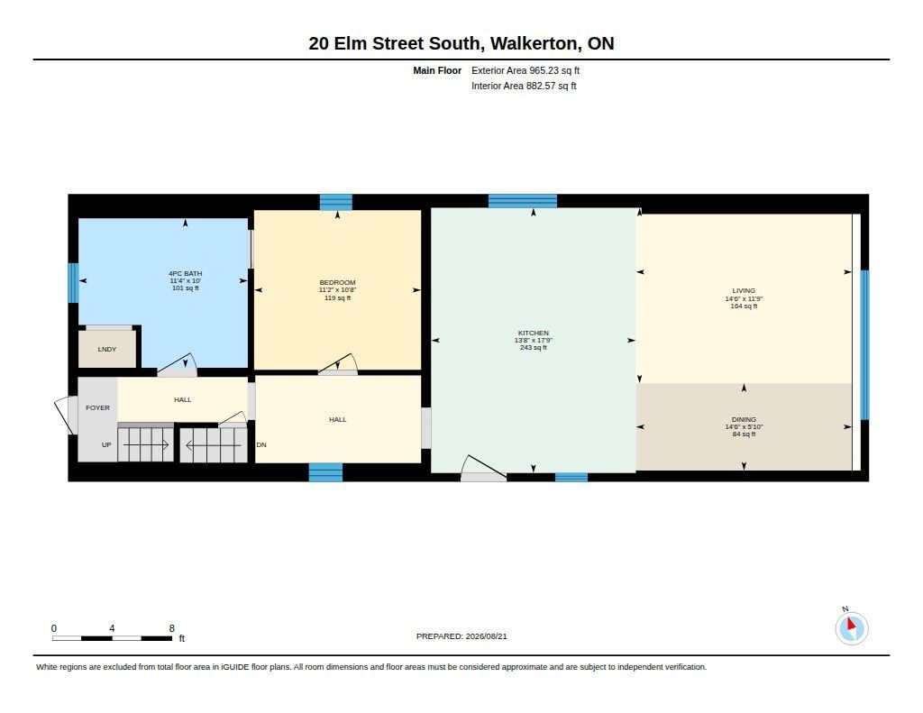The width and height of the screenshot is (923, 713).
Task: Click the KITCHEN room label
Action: pos(534,333)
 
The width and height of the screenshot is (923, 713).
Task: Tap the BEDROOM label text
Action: pos(337,283)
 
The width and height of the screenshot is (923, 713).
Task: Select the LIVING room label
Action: pos(744,291)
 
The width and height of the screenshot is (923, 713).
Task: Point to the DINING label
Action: pos(744,420)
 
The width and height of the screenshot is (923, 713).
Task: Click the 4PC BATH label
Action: pos(186,274)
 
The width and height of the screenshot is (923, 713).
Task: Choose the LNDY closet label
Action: pos(107,349)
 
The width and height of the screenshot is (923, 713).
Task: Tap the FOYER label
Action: pos(97,407)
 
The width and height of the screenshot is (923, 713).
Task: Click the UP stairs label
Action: pos(106,444)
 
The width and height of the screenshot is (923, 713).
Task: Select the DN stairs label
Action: pos(261,444)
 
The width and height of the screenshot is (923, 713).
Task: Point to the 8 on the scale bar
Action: pos(172,628)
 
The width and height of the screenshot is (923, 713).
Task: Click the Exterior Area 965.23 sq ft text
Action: pos(525,70)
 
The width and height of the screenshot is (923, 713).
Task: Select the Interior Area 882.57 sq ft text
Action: pos(524,86)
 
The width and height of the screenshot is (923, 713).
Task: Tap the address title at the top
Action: pos(461,43)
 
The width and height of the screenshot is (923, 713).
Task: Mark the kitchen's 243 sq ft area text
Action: pos(534,347)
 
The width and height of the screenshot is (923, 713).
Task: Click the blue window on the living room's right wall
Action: pos(864,344)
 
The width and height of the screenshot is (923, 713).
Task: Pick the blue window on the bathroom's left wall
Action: pos(74,283)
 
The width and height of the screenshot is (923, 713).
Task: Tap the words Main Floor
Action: pos(437,70)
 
